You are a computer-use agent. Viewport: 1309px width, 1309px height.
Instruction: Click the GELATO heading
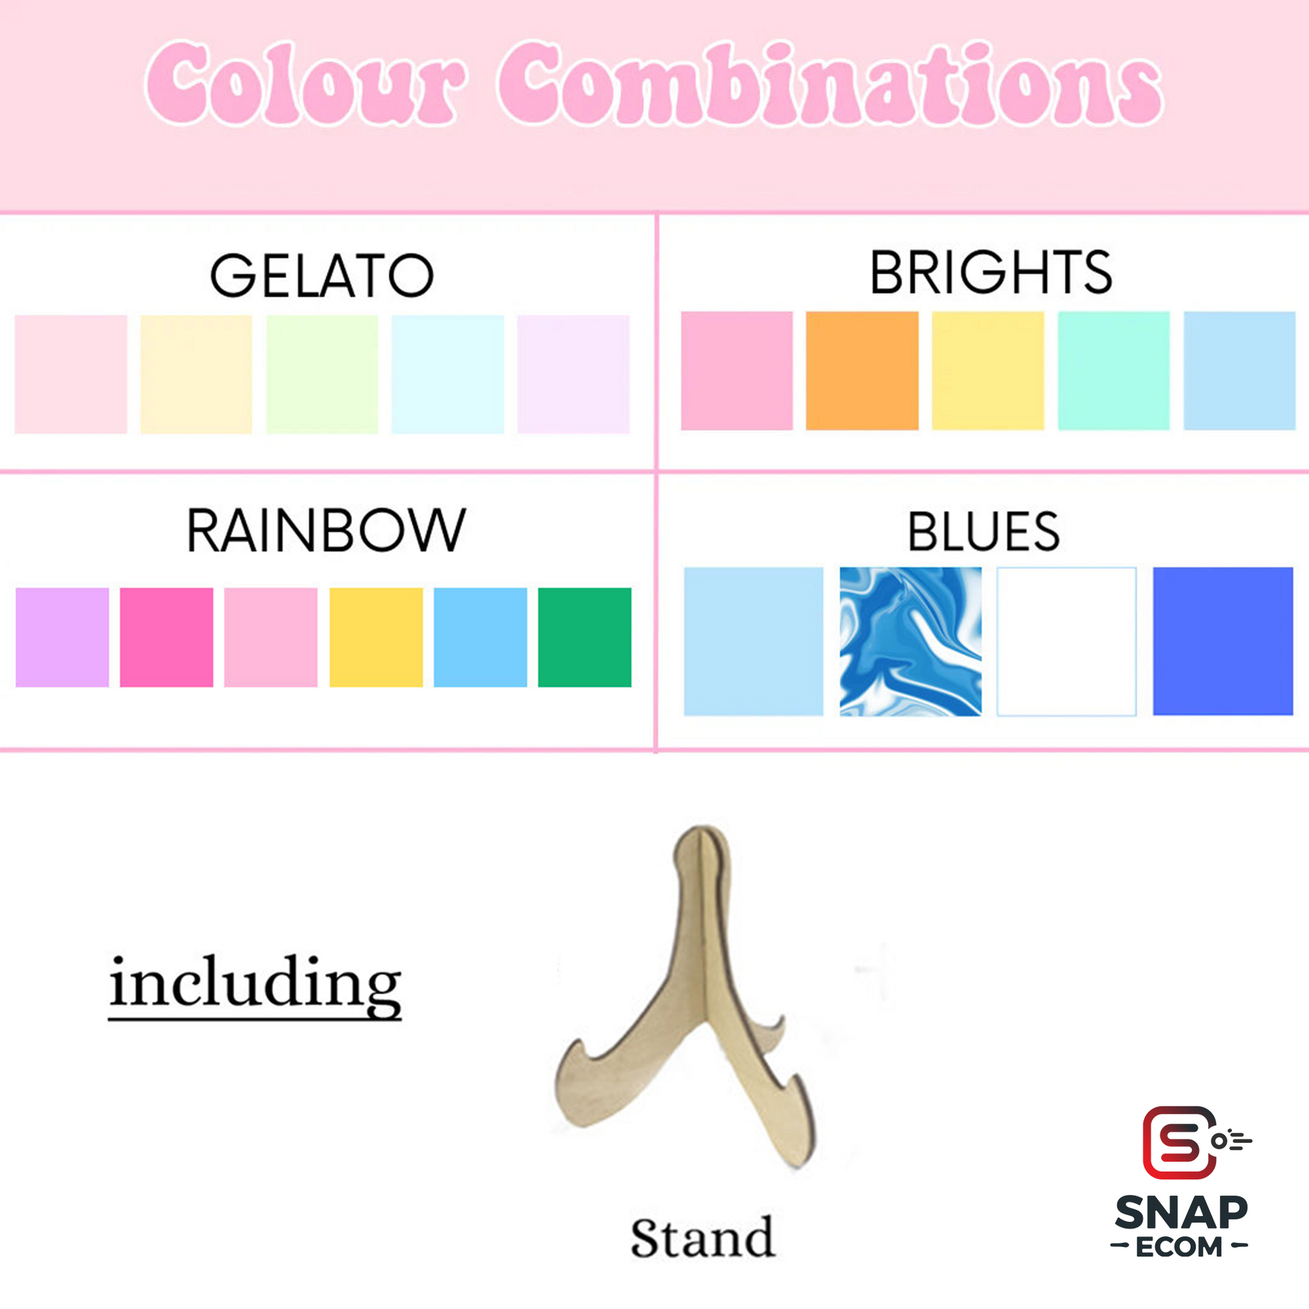click(321, 275)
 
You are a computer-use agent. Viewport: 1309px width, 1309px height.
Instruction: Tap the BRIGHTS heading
click(991, 272)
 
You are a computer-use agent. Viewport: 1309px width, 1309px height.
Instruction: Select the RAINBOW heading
click(326, 530)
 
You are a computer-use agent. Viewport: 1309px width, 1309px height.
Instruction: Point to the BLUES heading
click(983, 532)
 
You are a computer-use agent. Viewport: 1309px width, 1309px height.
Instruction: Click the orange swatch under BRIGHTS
click(862, 371)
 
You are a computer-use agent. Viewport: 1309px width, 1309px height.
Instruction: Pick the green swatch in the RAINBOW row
click(585, 638)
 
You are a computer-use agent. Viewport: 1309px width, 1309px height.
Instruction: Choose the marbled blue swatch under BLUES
click(911, 641)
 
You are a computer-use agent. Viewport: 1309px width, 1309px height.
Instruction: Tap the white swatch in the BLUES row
click(1066, 641)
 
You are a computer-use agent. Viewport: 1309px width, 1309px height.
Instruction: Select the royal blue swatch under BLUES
click(1223, 641)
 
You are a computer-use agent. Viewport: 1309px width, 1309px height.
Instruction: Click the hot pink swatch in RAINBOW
click(167, 638)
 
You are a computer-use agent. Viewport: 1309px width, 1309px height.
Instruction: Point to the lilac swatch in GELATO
click(573, 374)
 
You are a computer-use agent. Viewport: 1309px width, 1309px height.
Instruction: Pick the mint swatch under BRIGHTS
click(1114, 371)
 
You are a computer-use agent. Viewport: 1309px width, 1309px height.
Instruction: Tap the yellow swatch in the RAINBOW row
click(376, 638)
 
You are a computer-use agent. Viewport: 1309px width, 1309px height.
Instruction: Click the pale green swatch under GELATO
click(322, 374)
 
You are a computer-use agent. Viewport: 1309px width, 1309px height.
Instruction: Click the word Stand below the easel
click(702, 1237)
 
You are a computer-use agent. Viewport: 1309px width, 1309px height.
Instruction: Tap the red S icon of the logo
click(1179, 1143)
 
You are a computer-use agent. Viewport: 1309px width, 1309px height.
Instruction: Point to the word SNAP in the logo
click(1181, 1212)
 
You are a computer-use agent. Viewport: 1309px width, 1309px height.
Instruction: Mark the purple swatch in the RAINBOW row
click(63, 638)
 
